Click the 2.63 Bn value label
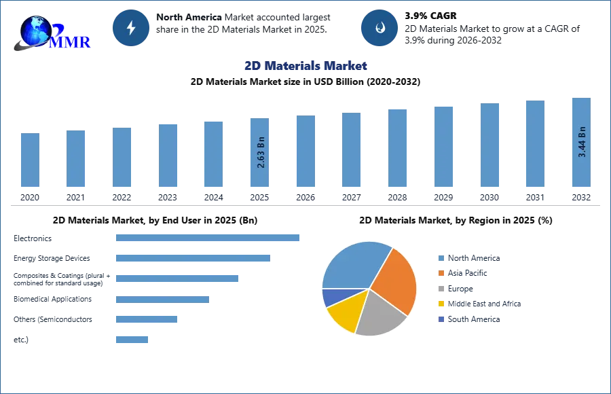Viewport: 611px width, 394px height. (261, 154)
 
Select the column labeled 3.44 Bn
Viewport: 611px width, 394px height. (581, 144)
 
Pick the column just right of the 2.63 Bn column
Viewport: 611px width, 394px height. (304, 151)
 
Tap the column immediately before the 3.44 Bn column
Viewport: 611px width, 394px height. (535, 144)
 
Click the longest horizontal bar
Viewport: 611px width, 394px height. (208, 238)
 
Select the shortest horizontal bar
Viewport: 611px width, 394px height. (132, 339)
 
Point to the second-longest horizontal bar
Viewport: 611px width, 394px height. (193, 258)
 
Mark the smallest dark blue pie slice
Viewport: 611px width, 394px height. (331, 297)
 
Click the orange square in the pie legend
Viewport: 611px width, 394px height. (441, 273)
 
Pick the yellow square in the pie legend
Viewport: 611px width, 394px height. (441, 304)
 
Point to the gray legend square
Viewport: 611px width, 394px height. (441, 289)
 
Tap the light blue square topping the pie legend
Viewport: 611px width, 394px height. (441, 257)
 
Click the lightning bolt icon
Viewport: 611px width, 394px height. (132, 28)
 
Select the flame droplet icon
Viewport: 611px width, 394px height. (379, 28)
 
